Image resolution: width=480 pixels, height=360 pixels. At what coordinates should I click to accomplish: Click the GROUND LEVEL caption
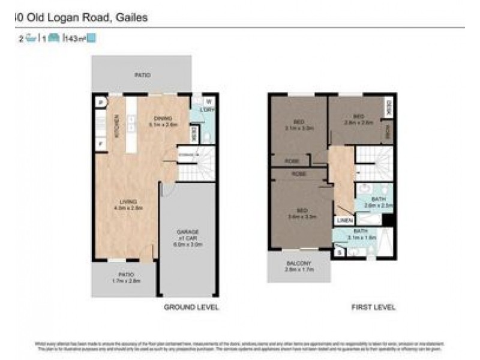click(191, 307)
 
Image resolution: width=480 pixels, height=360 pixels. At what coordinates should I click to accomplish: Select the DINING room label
click(163, 118)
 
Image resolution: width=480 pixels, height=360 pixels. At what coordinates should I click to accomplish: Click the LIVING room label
click(128, 201)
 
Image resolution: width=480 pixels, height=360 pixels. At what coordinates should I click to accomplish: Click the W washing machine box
click(209, 101)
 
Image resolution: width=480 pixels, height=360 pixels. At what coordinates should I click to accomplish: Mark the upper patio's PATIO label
click(142, 75)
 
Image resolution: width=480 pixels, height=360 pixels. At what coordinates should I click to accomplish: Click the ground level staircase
click(197, 163)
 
